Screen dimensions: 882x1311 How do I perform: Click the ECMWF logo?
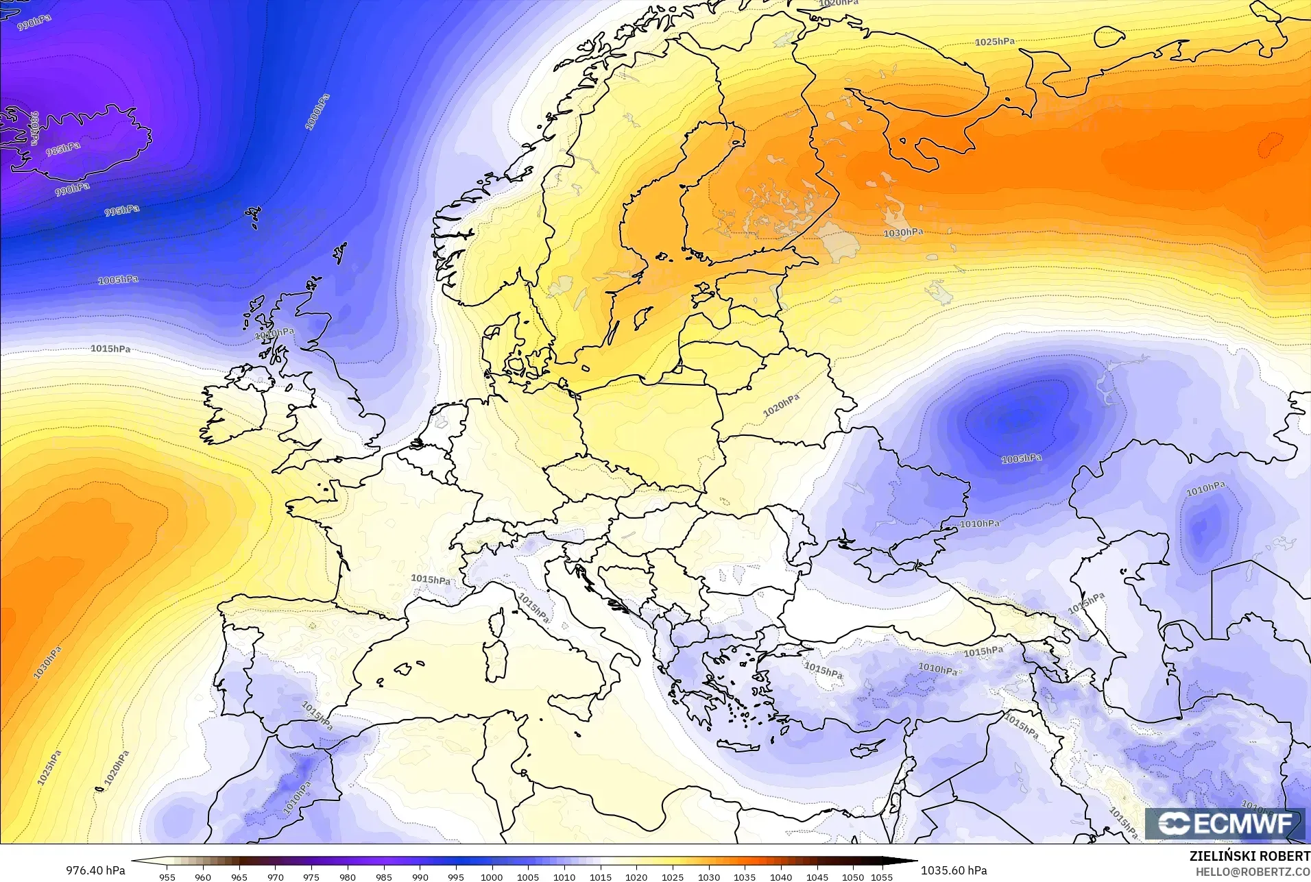coord(1225,824)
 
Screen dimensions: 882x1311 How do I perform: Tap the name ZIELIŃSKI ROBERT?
coord(1250,857)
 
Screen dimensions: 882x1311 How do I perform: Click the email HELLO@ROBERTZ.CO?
coord(1253,872)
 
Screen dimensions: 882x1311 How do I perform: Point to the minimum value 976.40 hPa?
coord(95,870)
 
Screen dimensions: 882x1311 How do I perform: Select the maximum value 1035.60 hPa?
coord(954,870)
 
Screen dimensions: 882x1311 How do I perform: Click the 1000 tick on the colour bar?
coord(492,877)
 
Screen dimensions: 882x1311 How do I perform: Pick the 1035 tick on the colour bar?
coord(745,877)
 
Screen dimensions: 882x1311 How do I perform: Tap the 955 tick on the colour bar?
coord(167,877)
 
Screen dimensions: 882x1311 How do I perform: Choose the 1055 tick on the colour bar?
coord(882,877)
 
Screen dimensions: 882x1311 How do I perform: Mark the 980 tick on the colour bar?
coord(348,877)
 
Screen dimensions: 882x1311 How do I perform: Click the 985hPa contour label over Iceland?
coord(63,149)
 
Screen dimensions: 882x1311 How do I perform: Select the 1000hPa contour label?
coord(317,112)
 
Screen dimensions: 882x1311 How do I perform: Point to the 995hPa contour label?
coord(122,210)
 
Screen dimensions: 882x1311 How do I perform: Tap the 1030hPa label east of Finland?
coord(903,233)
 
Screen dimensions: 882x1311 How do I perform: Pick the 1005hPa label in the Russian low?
coord(1021,458)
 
